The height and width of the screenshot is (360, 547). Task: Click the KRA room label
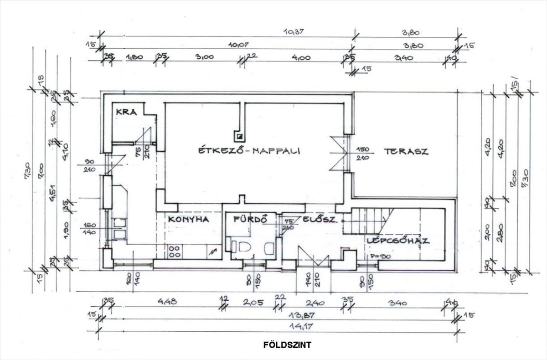126,112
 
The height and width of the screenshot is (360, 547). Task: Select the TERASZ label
406,152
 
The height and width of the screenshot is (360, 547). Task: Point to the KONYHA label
188,219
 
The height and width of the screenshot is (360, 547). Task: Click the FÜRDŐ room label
249,219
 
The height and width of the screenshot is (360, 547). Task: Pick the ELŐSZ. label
321,220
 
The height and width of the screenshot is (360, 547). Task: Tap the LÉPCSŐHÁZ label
398,241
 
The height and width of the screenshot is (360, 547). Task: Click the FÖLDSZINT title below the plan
287,345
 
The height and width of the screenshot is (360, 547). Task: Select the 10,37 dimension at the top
293,32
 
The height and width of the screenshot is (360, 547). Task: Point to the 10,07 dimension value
241,45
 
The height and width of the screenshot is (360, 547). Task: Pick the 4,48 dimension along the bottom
166,302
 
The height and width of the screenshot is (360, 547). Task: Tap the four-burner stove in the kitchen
174,252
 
